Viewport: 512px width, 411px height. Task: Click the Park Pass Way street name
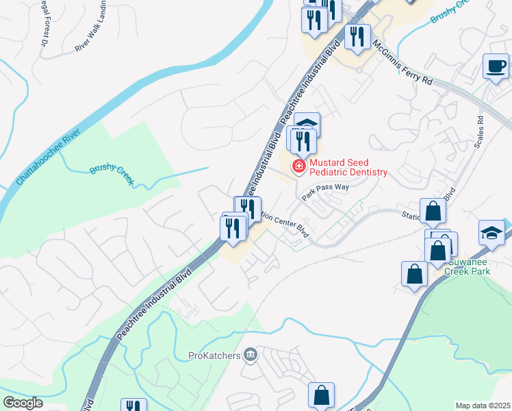click(327, 195)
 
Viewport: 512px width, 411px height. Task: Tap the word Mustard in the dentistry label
click(328, 162)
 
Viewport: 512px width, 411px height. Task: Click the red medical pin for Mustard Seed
click(298, 166)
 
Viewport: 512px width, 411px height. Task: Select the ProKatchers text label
click(215, 356)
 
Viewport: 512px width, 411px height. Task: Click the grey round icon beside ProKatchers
click(251, 355)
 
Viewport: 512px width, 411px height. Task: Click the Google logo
click(23, 403)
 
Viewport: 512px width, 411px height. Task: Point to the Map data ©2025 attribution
click(483, 406)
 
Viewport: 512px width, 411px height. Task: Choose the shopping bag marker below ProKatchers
click(321, 395)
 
